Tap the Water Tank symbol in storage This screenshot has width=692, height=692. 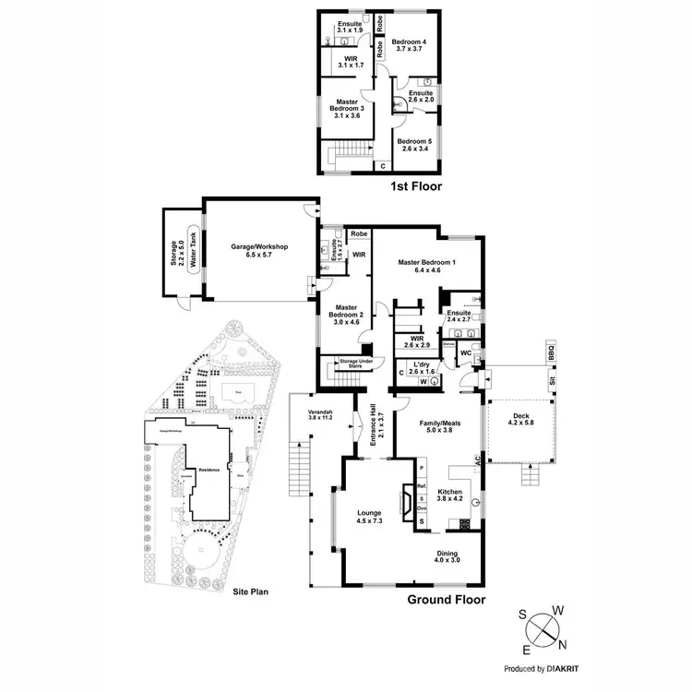tap(194, 246)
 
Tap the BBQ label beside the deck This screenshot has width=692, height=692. tap(552, 355)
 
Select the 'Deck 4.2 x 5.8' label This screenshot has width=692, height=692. tap(521, 421)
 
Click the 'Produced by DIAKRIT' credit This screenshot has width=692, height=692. tap(547, 668)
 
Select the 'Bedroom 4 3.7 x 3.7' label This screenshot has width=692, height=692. tap(408, 47)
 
